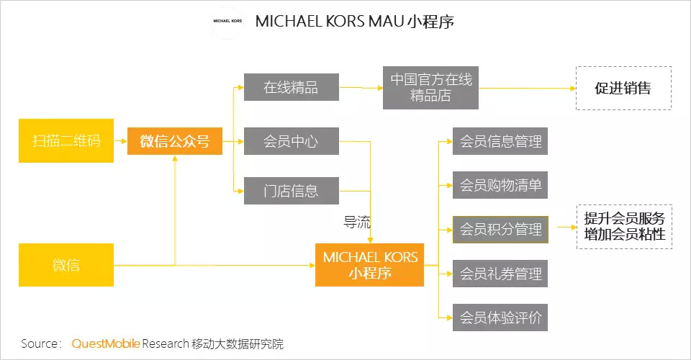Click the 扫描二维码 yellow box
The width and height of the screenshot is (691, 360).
[66, 140]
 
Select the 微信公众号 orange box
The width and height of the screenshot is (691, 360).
[174, 141]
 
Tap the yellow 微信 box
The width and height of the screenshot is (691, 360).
[66, 265]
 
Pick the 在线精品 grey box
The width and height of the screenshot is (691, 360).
[292, 87]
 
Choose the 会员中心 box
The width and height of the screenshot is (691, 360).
[292, 141]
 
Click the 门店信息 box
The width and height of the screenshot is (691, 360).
[292, 191]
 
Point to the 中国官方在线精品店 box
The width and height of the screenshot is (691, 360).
[430, 88]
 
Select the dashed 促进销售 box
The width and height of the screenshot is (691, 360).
[623, 88]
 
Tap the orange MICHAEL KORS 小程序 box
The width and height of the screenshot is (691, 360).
[369, 265]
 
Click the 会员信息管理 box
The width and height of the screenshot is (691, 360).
[500, 141]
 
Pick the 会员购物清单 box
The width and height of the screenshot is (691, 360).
[500, 185]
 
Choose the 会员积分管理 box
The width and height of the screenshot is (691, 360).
[500, 229]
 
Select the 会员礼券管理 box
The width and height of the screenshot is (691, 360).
[500, 274]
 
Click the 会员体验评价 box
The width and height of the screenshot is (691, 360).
[500, 318]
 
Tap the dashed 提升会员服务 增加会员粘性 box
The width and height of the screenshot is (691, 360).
[625, 227]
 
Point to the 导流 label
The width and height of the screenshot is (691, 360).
[357, 222]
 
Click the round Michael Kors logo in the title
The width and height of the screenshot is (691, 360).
[227, 21]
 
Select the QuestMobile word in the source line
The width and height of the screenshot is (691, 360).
[106, 343]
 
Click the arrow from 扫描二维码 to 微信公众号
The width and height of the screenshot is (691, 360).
[120, 141]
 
